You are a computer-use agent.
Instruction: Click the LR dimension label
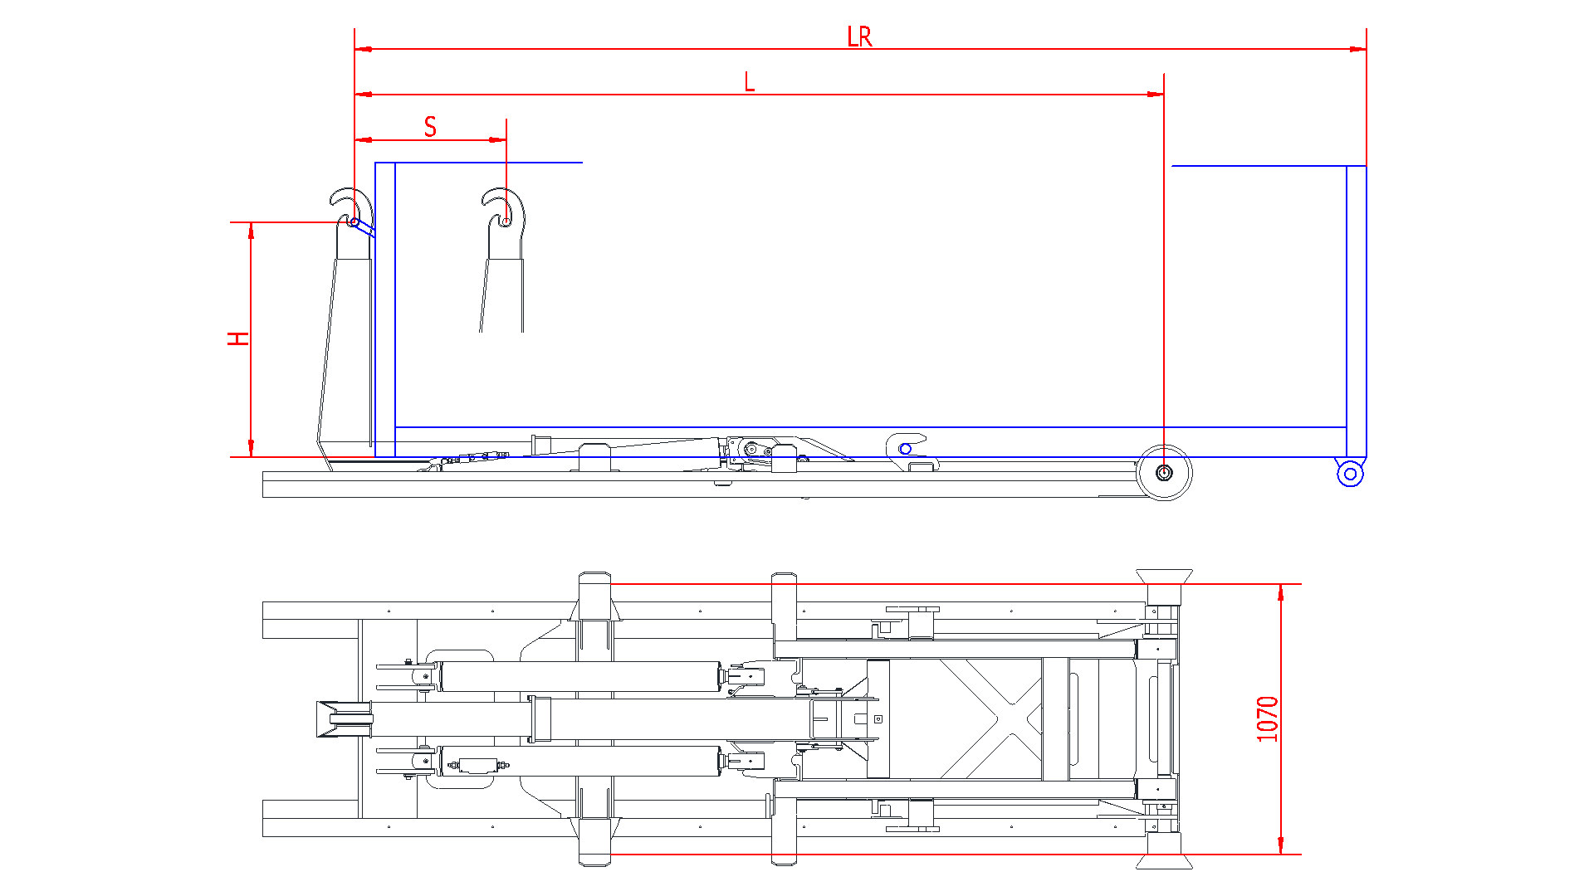(x=859, y=37)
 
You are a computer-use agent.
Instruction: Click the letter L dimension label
(x=749, y=81)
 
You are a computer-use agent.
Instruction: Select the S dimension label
(x=430, y=127)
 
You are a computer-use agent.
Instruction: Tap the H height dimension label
(x=238, y=338)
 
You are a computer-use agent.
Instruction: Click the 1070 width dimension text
(x=1267, y=718)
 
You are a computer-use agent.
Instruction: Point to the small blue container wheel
(x=1350, y=474)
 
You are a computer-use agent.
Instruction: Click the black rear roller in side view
(x=1164, y=473)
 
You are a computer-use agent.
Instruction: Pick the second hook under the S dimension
(x=503, y=207)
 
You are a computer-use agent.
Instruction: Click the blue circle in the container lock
(x=906, y=449)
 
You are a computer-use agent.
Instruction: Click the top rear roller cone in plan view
(x=1164, y=577)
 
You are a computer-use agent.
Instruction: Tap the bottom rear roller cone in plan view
(x=1164, y=861)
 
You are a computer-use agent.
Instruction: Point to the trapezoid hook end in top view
(x=331, y=719)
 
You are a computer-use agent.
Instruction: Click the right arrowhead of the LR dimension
(x=1358, y=49)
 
